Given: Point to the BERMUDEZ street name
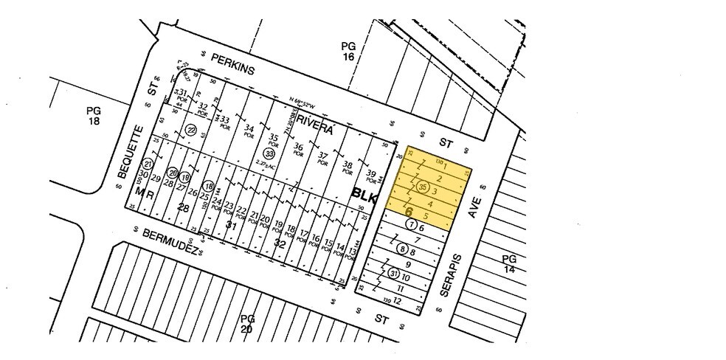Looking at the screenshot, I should [x=169, y=243].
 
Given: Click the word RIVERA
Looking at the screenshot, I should [x=317, y=130].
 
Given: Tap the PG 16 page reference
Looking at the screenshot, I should [x=349, y=50].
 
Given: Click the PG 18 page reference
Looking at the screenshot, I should [x=94, y=116].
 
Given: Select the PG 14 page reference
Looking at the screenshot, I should [x=509, y=264].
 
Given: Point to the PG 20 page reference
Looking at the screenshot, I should [x=247, y=323].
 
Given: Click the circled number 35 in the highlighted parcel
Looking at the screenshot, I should [x=423, y=187].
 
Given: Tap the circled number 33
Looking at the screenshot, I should [x=269, y=154].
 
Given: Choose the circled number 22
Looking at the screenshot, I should [x=191, y=131].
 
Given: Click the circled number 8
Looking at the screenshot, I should [x=403, y=249].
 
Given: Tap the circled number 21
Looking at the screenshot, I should [x=148, y=164].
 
